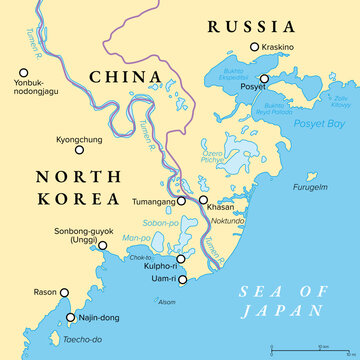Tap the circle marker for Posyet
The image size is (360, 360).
click(x=264, y=78)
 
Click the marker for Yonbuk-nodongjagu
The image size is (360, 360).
click(x=22, y=72)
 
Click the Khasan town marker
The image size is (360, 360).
click(x=203, y=200)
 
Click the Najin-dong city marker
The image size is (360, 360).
click(x=71, y=317)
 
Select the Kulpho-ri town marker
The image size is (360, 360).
click(x=182, y=258)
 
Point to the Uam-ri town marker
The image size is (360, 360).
click(x=182, y=278)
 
